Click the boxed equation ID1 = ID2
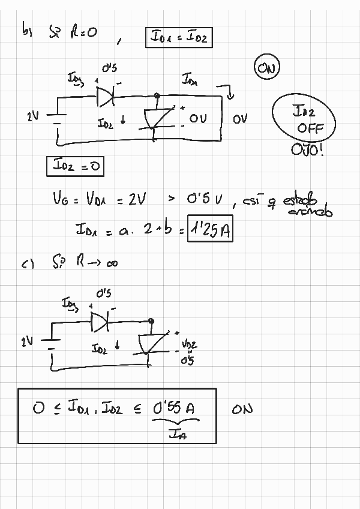(x=179, y=38)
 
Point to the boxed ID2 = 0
(x=74, y=167)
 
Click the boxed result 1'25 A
(x=209, y=230)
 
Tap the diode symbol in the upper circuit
(x=106, y=95)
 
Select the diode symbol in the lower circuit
(x=100, y=322)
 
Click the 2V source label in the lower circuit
(x=26, y=342)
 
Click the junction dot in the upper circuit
(x=157, y=95)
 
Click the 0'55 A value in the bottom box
(x=173, y=408)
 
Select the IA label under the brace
(x=178, y=435)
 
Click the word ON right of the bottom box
(x=242, y=409)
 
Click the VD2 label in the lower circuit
(x=188, y=345)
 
